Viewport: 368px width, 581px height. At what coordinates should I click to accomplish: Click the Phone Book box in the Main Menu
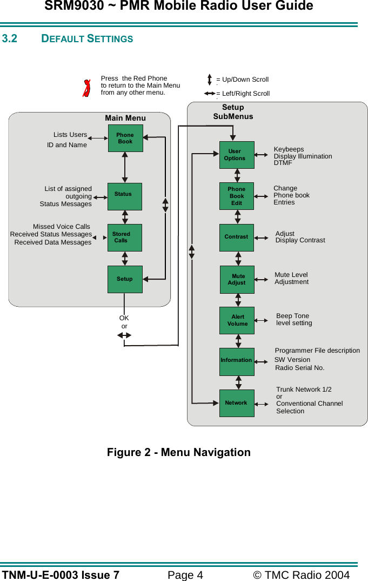click(x=125, y=138)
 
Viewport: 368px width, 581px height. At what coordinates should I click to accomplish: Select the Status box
click(x=125, y=196)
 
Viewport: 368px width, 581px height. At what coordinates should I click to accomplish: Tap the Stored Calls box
click(x=125, y=237)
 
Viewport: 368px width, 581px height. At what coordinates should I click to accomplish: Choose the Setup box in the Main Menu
click(x=125, y=279)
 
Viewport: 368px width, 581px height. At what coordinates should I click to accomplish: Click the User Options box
click(x=237, y=155)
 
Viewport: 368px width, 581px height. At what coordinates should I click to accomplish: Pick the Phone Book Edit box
click(x=237, y=196)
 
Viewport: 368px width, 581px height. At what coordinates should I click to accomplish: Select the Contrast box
click(x=237, y=237)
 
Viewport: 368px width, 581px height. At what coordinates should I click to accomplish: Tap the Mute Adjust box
click(x=237, y=280)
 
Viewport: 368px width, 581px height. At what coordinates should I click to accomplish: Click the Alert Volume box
click(x=237, y=320)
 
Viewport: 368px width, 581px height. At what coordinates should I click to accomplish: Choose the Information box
click(x=237, y=361)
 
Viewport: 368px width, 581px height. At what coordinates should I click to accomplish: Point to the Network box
click(x=237, y=403)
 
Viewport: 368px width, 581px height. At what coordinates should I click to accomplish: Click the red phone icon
click(x=86, y=88)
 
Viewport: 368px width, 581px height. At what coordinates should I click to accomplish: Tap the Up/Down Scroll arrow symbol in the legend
click(x=210, y=80)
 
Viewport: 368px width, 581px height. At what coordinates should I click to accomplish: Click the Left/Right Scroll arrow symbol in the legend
click(x=210, y=94)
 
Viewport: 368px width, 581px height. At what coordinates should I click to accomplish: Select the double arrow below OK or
click(x=124, y=335)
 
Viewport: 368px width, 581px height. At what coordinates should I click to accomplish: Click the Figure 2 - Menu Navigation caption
click(x=178, y=452)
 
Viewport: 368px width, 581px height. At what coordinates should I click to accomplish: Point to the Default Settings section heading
click(x=87, y=39)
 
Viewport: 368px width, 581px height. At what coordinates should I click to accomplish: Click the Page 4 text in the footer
click(x=185, y=575)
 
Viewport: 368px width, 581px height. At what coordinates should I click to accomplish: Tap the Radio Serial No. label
click(x=300, y=368)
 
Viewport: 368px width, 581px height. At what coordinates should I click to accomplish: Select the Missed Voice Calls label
click(x=62, y=227)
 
